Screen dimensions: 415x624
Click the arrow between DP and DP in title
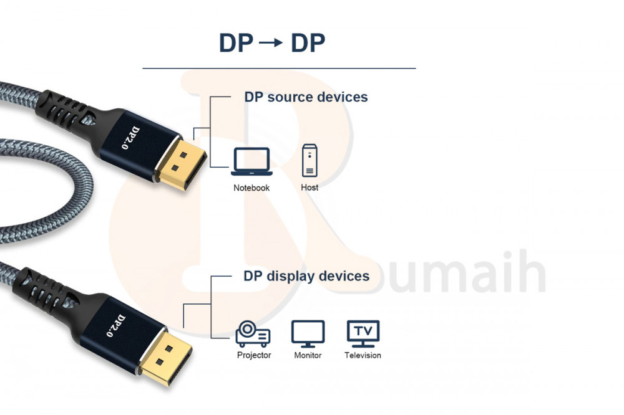pos(272,43)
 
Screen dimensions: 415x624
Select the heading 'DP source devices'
pos(306,97)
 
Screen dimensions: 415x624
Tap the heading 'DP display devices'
pos(306,276)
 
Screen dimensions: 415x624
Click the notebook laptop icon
pos(251,161)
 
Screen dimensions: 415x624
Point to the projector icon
pos(253,334)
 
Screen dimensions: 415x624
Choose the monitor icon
pos(308,333)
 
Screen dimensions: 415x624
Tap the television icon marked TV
pos(363,333)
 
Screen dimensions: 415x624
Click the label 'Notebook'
pos(251,188)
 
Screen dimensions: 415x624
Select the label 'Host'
pos(310,187)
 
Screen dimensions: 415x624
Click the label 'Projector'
pos(254,355)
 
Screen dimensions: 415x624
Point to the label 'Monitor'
pos(308,355)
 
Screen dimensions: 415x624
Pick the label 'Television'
pos(363,355)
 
